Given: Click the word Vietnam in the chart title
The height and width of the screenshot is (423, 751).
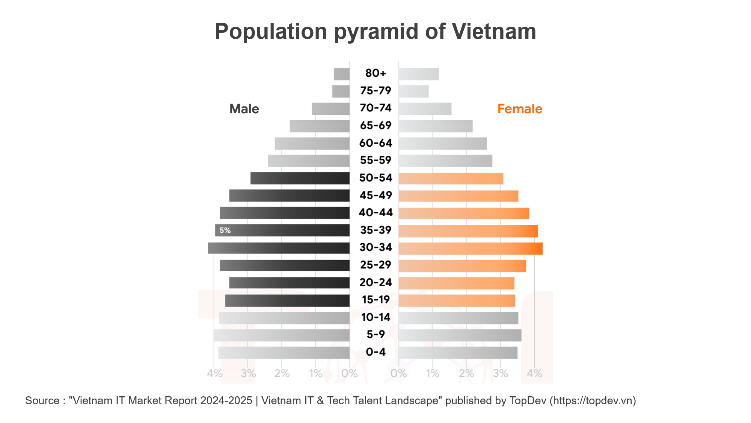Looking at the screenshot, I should (494, 31).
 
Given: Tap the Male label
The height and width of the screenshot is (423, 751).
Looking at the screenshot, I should (244, 109).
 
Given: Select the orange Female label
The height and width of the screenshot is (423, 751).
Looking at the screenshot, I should (520, 109).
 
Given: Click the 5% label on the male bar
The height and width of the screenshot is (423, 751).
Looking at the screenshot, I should (225, 230).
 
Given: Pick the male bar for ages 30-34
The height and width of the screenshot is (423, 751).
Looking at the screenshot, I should (279, 248).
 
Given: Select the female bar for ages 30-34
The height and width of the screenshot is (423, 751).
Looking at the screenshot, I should (471, 249).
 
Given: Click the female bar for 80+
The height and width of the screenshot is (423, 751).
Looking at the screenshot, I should (419, 74).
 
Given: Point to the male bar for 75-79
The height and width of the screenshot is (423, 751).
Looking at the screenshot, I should (341, 91).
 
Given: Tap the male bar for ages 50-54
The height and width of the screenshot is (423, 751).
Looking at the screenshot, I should (300, 178).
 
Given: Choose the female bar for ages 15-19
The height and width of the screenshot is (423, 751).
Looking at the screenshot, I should (457, 301).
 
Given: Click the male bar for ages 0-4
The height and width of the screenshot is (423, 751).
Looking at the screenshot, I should (284, 353).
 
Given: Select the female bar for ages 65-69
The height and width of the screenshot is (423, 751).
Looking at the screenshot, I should (436, 126).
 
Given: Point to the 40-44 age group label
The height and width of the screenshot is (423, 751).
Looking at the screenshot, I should (375, 213).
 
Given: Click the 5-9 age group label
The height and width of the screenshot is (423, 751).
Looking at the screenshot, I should (375, 334).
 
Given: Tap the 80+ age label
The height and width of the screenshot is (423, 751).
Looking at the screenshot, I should (375, 73).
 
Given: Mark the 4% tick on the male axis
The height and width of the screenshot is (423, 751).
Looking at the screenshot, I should (214, 373).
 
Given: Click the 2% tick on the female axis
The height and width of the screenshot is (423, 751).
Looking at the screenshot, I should (466, 373).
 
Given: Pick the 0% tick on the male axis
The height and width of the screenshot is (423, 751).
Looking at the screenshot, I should (350, 373).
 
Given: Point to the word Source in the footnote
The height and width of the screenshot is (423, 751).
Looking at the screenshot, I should (42, 401).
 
